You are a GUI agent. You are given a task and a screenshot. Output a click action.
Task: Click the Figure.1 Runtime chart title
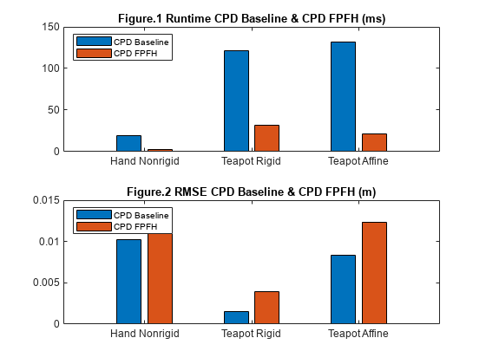tap(252, 18)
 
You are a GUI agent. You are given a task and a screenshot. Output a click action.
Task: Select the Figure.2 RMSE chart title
tap(252, 192)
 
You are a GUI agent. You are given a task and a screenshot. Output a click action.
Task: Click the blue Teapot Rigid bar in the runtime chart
tap(236, 101)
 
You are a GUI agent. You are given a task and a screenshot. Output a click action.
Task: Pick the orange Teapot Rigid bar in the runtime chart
tap(267, 138)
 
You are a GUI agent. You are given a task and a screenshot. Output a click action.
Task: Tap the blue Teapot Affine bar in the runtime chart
tap(343, 96)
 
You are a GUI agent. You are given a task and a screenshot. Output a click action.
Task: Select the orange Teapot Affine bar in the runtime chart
tap(374, 142)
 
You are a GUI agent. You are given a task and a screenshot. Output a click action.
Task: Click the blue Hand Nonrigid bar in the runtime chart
tap(129, 143)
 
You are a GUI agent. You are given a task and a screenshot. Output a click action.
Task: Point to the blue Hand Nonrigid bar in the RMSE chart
tap(129, 282)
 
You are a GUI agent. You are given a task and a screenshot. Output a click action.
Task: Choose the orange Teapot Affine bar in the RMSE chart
tap(374, 273)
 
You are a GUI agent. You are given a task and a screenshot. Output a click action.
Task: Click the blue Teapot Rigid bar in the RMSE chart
tap(236, 317)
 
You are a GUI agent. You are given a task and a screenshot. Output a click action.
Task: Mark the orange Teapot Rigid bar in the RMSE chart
tap(267, 308)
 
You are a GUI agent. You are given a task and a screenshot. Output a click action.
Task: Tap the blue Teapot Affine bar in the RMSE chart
tap(343, 289)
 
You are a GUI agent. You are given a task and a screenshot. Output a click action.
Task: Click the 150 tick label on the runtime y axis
tap(51, 27)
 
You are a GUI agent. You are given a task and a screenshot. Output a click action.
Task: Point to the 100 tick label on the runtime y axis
tap(51, 68)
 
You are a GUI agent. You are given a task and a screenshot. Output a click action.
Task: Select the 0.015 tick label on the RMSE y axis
tap(46, 200)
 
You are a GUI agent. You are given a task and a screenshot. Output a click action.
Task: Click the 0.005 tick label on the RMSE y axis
tap(46, 283)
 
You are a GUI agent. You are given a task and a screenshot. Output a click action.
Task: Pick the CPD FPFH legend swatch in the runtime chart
tap(94, 53)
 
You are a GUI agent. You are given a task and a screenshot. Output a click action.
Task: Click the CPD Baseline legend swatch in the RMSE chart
tap(94, 215)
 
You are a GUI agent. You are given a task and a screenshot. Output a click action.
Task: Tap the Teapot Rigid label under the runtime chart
tap(251, 161)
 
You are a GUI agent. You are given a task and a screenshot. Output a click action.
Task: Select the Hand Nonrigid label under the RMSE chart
tap(145, 334)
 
